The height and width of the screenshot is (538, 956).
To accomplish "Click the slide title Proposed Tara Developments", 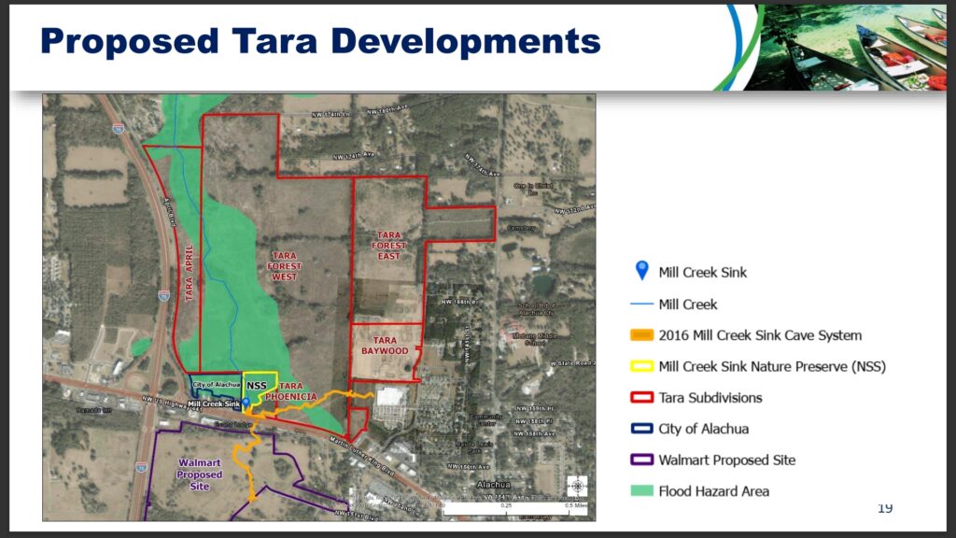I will [x=320, y=42].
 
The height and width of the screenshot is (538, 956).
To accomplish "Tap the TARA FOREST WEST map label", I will [x=284, y=266].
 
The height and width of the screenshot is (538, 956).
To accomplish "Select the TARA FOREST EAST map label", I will [x=388, y=247].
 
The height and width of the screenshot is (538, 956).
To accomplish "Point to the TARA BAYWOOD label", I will [x=385, y=345].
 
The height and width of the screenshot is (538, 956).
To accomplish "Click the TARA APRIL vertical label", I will [x=189, y=272].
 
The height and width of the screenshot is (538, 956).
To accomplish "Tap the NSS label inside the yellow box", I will [x=258, y=385].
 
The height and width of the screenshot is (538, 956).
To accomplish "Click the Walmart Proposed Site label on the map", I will [x=200, y=474].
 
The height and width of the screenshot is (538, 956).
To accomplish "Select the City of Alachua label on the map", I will [x=217, y=385].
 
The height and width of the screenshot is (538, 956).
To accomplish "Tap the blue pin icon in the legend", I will [x=641, y=271].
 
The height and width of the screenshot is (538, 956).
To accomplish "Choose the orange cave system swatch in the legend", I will [x=640, y=335].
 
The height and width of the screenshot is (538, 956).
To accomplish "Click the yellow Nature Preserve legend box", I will [x=640, y=367].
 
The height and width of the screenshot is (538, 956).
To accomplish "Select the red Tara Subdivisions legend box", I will [x=640, y=398].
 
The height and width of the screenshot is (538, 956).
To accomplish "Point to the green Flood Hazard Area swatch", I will [x=640, y=490].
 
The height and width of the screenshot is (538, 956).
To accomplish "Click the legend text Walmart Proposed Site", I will [x=726, y=460].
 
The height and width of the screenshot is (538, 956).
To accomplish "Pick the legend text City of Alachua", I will [x=703, y=429].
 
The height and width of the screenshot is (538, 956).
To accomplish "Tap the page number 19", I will [x=884, y=507].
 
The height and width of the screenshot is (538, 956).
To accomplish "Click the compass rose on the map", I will [x=578, y=486].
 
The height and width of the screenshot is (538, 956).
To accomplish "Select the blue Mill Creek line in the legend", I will [x=640, y=304].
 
